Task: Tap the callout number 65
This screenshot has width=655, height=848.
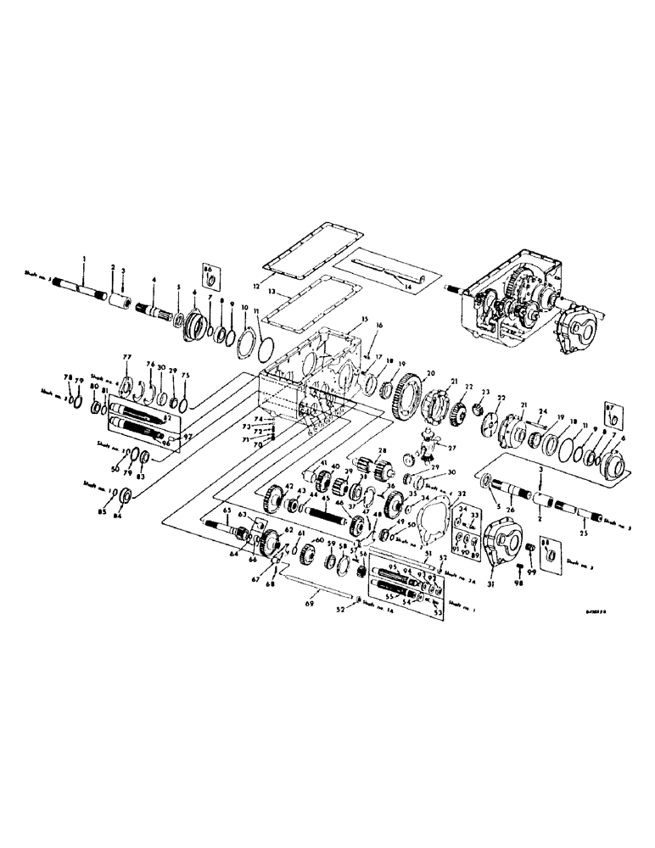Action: [x=226, y=512]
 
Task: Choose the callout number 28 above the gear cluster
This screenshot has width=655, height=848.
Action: [x=382, y=450]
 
